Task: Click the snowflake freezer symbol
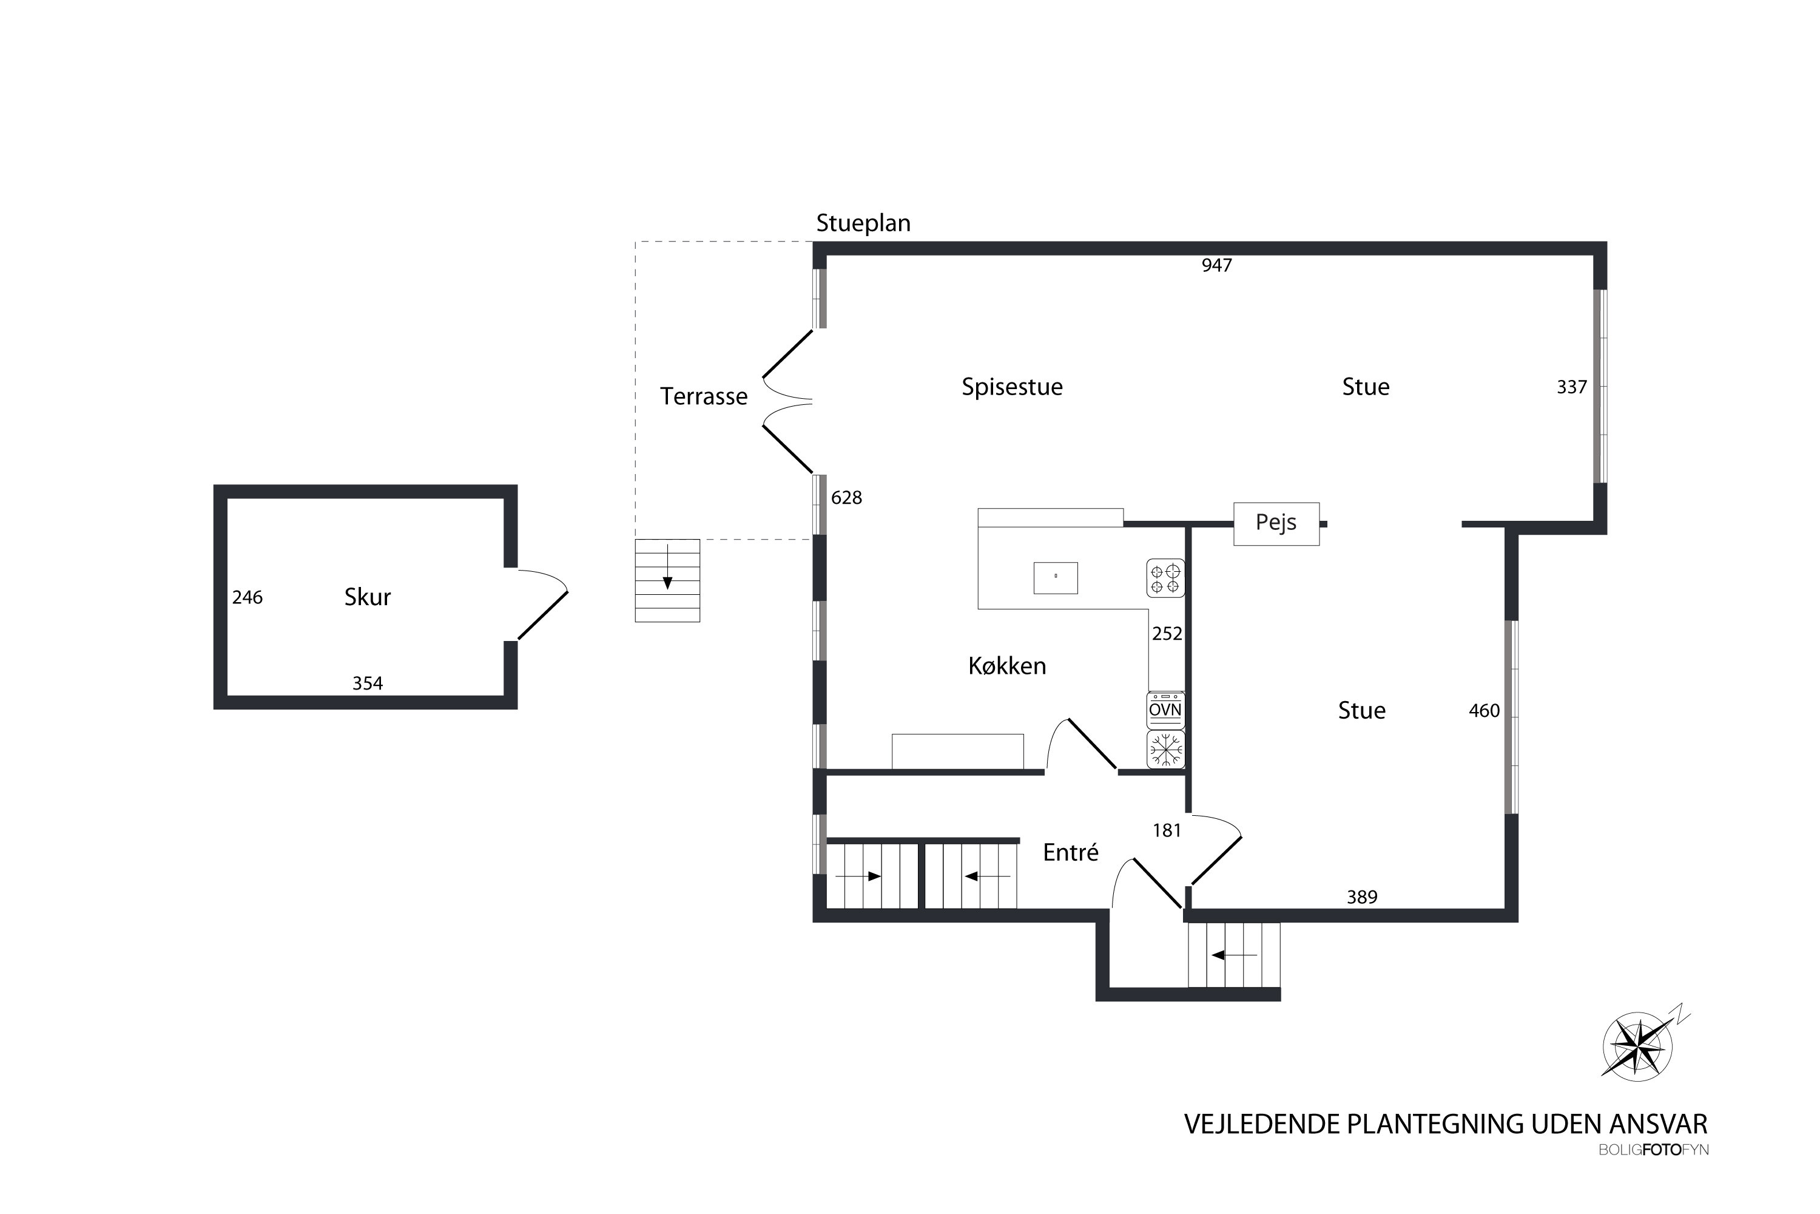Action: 1165,750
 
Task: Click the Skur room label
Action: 368,597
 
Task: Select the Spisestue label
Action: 1011,386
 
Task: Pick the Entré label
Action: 1070,852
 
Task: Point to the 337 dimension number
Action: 1572,387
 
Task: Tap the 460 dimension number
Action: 1483,711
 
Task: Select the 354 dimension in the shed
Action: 368,683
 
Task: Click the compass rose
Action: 1637,1046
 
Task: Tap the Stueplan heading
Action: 863,223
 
